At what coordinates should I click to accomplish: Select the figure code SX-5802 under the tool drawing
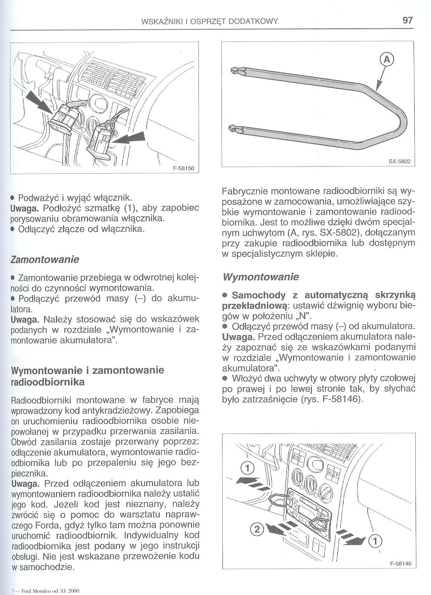[x=400, y=161]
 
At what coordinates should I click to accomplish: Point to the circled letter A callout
[x=387, y=60]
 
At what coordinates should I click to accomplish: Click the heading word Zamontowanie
[x=45, y=259]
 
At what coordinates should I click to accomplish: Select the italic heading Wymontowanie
[x=260, y=277]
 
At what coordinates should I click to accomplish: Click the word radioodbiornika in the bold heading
[x=48, y=382]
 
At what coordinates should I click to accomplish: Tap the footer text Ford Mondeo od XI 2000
[x=49, y=591]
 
